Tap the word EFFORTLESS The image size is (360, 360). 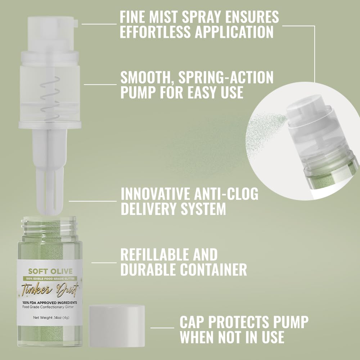(156, 32)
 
